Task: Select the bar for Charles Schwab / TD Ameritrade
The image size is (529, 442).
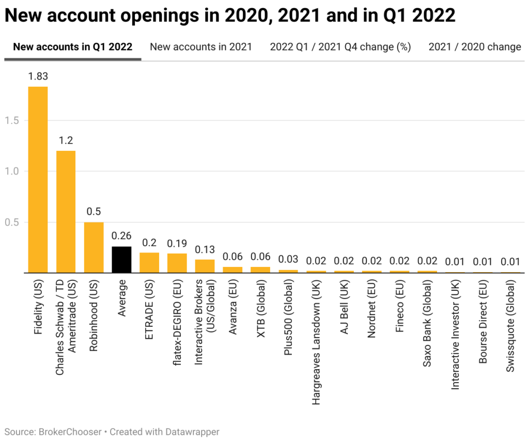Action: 66,211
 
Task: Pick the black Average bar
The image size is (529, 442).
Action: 121,259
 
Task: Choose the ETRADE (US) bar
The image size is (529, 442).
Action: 149,262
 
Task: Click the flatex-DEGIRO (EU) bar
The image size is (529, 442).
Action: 177,263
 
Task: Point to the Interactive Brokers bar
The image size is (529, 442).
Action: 205,266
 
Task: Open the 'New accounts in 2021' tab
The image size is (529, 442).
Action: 201,47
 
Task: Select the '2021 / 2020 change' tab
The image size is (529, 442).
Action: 475,47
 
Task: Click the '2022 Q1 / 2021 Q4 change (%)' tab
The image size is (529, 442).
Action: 340,47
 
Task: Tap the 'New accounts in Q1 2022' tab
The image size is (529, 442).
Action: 73,47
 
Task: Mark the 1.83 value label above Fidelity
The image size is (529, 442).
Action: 38,76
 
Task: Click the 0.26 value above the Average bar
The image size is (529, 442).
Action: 121,236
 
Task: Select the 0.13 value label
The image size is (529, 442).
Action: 205,249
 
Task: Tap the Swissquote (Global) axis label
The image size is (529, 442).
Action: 510,325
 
